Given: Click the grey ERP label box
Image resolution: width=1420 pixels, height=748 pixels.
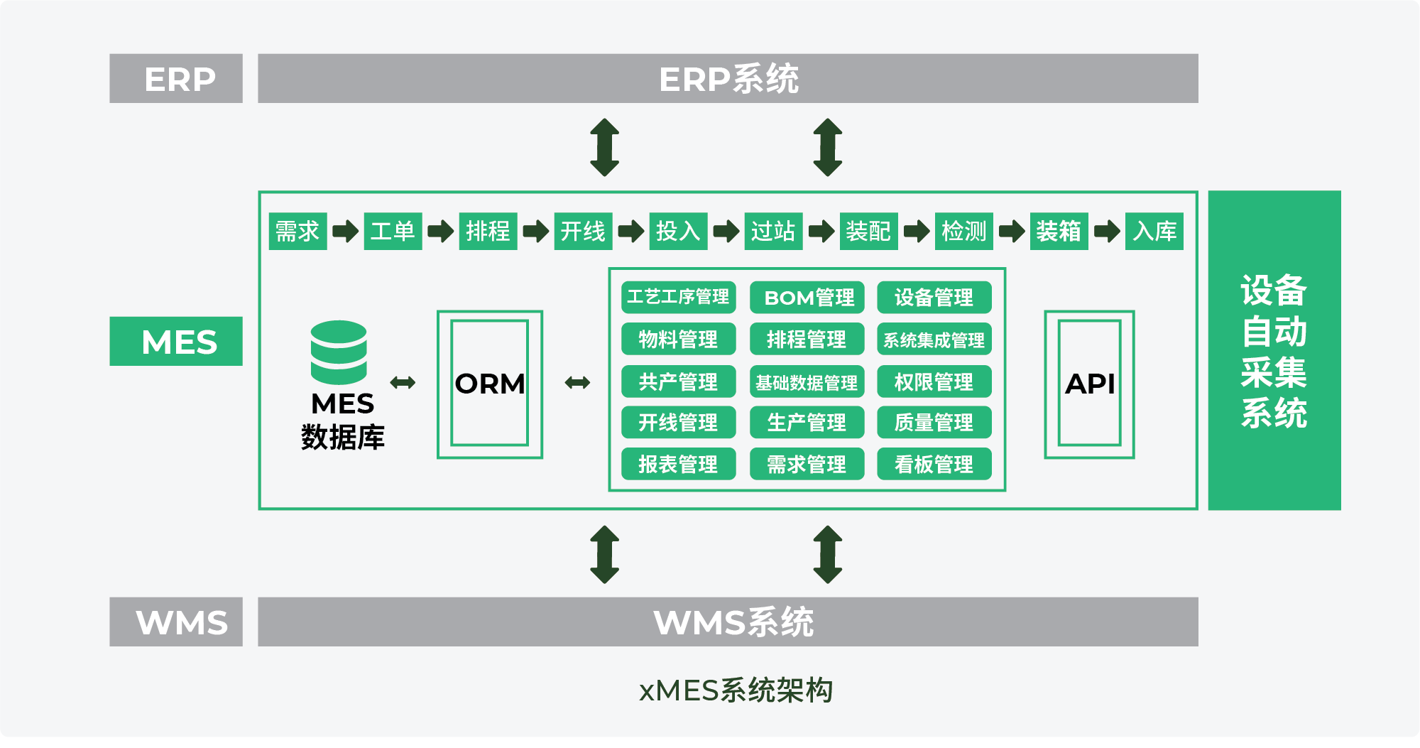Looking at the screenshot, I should [x=176, y=79].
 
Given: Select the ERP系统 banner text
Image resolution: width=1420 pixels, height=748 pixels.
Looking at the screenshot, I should [x=728, y=79].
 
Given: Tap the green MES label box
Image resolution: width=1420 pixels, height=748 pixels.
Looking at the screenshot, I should [x=176, y=342].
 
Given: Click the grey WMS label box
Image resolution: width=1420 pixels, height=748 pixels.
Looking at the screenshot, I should [x=176, y=622].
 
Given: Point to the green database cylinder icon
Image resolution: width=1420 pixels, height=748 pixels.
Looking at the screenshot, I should [x=339, y=352].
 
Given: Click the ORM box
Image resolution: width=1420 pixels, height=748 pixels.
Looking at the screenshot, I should [x=490, y=384].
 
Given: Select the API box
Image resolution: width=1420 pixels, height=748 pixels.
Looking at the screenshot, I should [x=1089, y=384].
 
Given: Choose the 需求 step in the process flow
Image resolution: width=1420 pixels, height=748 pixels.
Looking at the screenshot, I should [x=297, y=231].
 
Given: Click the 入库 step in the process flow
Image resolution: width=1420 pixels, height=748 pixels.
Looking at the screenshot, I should [x=1154, y=231].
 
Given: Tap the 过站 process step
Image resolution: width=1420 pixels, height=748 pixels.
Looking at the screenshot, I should [x=773, y=231].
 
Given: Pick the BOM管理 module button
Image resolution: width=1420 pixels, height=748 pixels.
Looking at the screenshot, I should [x=807, y=298].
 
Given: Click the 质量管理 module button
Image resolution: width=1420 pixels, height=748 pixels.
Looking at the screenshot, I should [x=934, y=423].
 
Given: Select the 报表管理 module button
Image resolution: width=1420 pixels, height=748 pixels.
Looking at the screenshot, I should [x=678, y=464].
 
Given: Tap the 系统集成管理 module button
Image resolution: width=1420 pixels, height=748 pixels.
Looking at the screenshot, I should [x=934, y=340].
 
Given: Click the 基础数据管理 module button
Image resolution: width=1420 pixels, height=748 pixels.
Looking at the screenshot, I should [x=807, y=382].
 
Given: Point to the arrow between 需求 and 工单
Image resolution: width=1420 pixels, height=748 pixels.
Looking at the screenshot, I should [x=346, y=231].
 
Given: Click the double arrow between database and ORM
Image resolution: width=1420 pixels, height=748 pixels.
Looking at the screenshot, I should [x=403, y=383].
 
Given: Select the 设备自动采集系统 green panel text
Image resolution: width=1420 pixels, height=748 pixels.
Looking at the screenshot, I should [x=1274, y=351].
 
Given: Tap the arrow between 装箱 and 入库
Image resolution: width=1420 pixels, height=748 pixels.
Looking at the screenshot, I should [x=1107, y=231].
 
